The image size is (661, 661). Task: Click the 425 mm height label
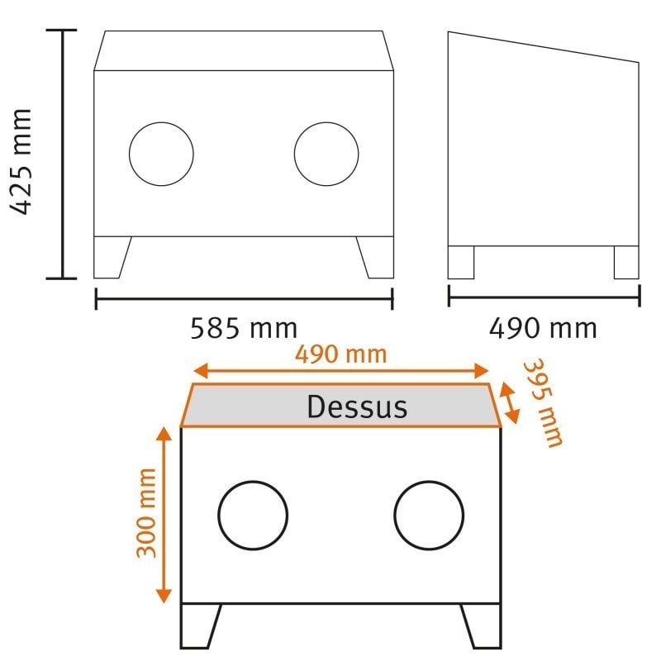[x=23, y=161]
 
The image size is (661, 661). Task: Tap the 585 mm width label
[x=244, y=328]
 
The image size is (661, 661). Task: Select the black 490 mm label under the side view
[x=543, y=328]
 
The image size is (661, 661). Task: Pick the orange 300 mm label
[x=147, y=512]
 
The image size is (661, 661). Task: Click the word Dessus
[x=357, y=407]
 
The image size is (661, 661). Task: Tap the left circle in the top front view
[x=161, y=154]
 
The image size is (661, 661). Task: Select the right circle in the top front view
[x=326, y=154]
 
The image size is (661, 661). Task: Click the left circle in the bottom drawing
[x=253, y=515]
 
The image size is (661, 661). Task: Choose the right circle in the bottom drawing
[x=429, y=515]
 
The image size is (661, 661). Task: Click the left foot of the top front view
[x=111, y=257]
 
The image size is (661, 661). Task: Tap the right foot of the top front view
[x=376, y=257]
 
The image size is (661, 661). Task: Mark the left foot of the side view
[x=461, y=262]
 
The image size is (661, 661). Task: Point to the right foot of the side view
[x=626, y=262]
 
